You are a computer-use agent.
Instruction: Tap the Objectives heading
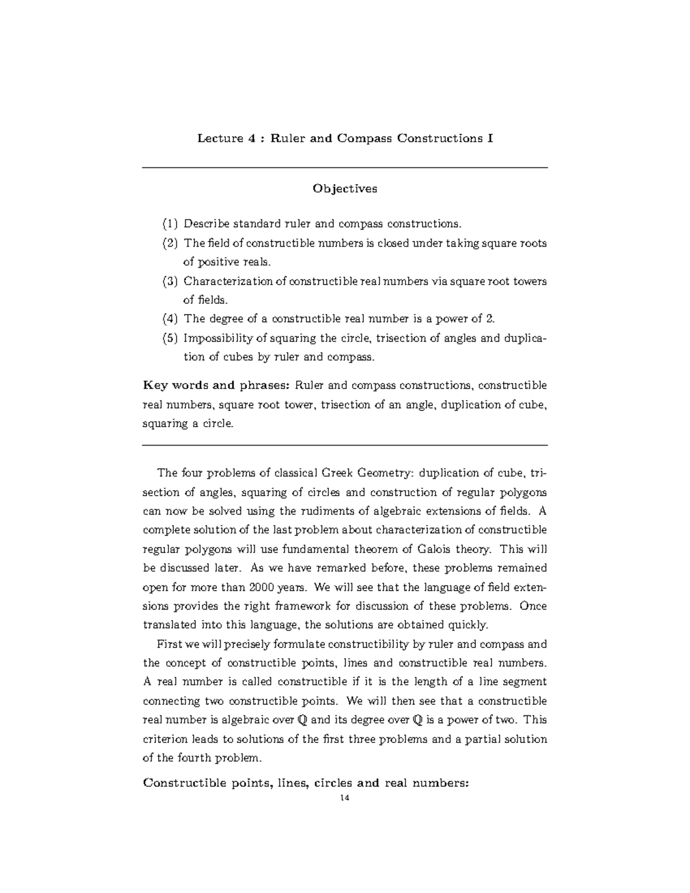[x=344, y=189]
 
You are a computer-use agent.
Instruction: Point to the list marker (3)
[x=170, y=281]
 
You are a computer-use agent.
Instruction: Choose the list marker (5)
[x=170, y=338]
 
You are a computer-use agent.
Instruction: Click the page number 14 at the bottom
[x=344, y=798]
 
